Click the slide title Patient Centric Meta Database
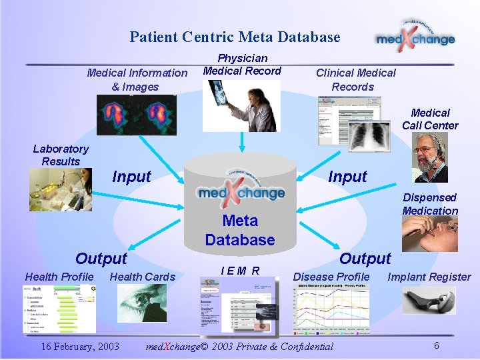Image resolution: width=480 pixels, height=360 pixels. [x=235, y=37]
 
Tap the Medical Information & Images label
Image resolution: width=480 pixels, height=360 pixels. [x=137, y=79]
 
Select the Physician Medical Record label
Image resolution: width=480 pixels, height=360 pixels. [x=242, y=65]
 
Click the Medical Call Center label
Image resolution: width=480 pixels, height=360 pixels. [x=430, y=119]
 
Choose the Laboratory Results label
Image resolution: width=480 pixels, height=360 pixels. [x=61, y=155]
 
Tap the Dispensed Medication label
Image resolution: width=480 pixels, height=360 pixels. [x=430, y=204]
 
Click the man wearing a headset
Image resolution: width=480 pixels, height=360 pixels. [x=431, y=158]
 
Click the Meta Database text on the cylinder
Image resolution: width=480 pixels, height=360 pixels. [x=239, y=230]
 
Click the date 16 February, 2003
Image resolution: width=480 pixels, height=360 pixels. [x=80, y=346]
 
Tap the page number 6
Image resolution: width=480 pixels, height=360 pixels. [x=436, y=345]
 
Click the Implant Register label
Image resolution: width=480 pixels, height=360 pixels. [x=429, y=277]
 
